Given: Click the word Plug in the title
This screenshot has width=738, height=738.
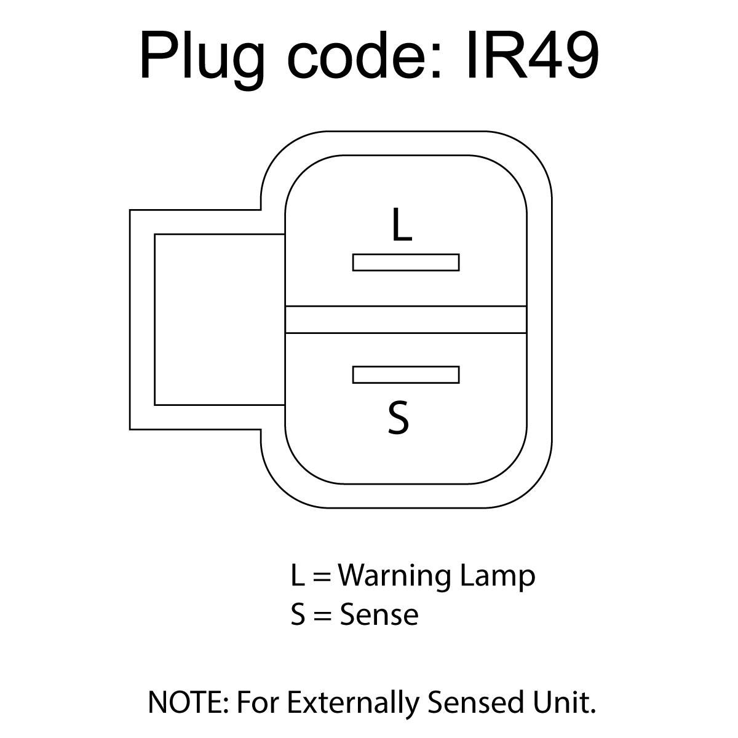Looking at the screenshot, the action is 202,60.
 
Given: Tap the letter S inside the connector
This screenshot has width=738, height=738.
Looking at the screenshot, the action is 399,418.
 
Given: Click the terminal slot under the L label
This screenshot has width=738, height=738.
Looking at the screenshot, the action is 406,263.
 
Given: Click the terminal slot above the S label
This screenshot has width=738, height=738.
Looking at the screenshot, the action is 406,375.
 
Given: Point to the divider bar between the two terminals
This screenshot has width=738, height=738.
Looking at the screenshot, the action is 406,319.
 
